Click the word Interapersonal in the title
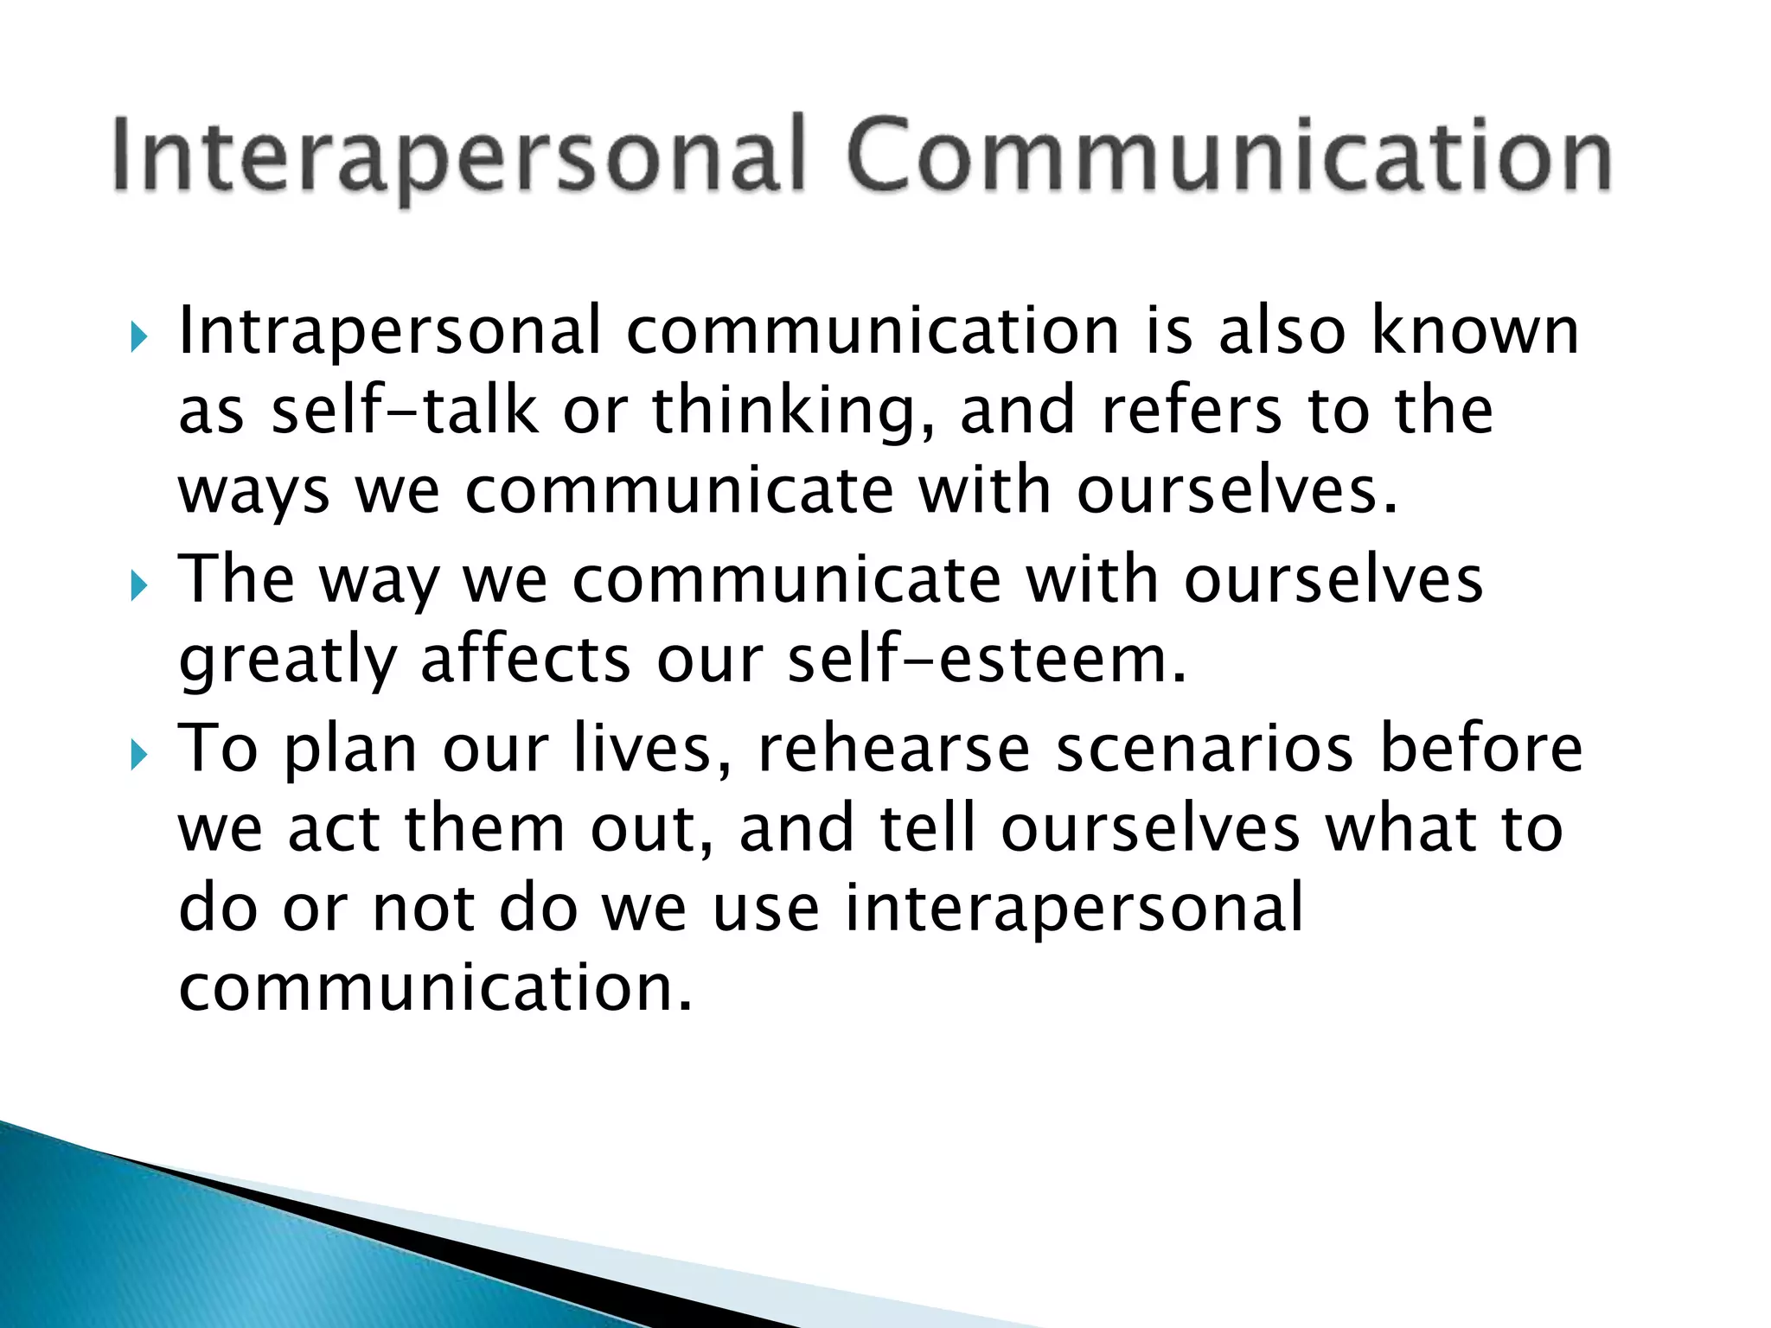[x=459, y=156]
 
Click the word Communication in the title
[x=1229, y=156]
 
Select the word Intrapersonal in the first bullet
[x=389, y=331]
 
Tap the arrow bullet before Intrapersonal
[x=138, y=336]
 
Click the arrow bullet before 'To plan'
[x=138, y=755]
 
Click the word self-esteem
[x=987, y=659]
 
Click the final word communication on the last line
[x=436, y=987]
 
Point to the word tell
[x=929, y=828]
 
